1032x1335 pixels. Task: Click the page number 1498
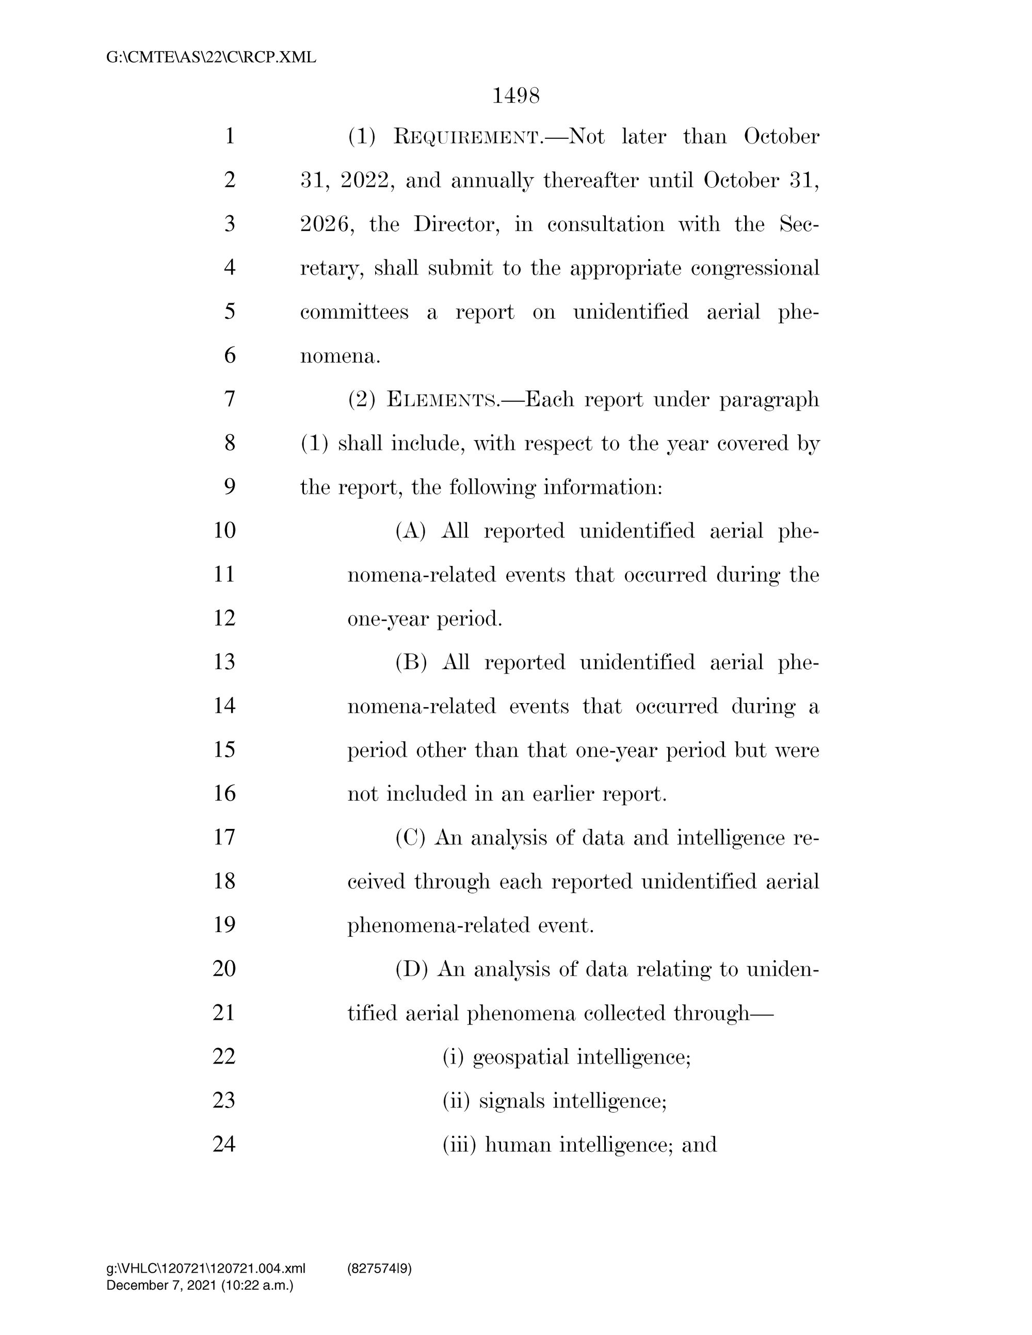click(515, 96)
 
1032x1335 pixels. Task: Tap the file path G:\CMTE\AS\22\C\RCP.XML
click(211, 57)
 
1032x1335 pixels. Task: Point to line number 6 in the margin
click(230, 355)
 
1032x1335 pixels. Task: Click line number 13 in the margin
click(224, 662)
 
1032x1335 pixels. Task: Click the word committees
click(354, 312)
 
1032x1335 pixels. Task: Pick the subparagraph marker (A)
click(410, 531)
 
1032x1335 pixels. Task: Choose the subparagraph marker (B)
click(411, 662)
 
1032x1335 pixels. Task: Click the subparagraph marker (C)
click(410, 837)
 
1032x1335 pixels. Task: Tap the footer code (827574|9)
click(379, 1268)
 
